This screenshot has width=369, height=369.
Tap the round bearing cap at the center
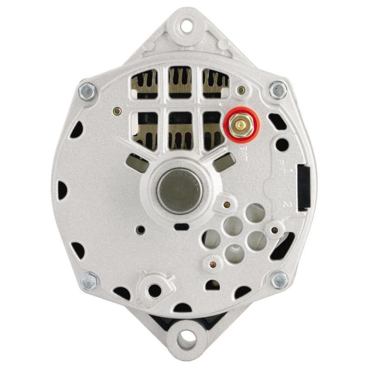[180, 190]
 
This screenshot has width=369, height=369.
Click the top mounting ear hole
[185, 24]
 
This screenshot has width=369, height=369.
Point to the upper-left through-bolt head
[87, 91]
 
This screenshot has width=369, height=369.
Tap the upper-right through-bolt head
[278, 90]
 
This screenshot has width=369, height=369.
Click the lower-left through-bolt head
[90, 281]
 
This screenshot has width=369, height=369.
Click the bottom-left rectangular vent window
[144, 130]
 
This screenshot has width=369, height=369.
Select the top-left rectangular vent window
[144, 83]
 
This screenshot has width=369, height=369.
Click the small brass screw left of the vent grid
[117, 111]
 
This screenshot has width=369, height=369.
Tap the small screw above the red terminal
[241, 90]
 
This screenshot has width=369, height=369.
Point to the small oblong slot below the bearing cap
[181, 227]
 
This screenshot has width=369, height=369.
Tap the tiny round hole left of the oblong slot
[140, 230]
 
